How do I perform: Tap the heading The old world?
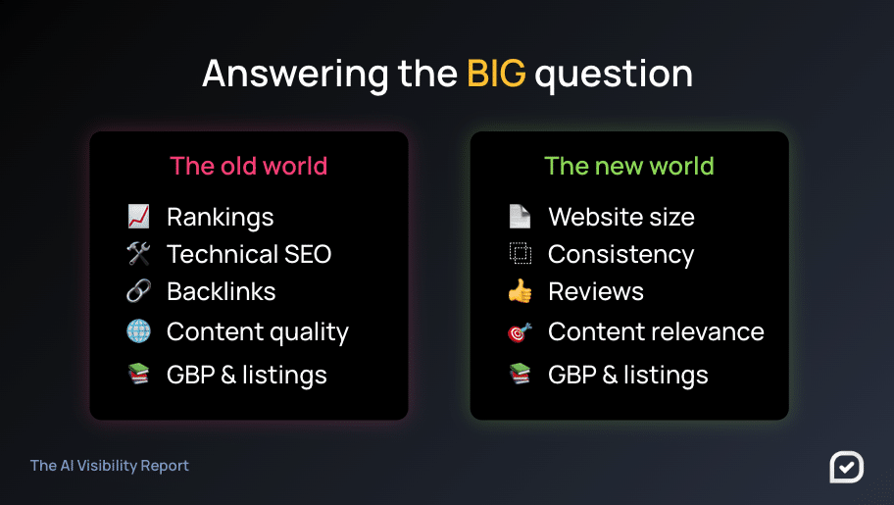point(249,166)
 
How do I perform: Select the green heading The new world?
point(629,166)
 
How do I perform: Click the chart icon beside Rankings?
point(138,217)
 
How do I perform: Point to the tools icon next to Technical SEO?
point(138,254)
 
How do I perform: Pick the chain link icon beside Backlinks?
point(138,291)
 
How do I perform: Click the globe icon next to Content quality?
point(138,331)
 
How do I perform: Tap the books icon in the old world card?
point(138,375)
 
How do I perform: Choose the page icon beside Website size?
point(520,217)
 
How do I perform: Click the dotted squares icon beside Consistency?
point(520,253)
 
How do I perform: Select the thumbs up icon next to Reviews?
point(520,291)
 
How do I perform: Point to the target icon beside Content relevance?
point(520,331)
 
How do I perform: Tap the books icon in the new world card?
point(520,375)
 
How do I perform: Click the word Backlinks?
point(222,291)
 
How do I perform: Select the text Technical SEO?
point(249,255)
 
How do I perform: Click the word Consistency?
point(621,256)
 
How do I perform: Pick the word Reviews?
point(596,291)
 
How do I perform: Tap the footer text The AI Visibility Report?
point(110,466)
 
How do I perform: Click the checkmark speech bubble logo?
point(847,467)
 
